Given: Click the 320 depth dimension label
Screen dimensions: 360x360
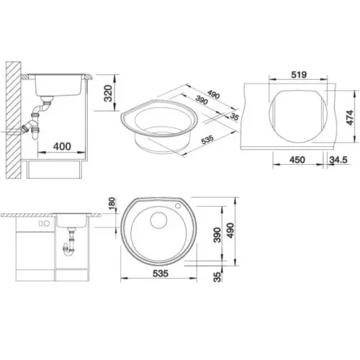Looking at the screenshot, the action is [x=109, y=94].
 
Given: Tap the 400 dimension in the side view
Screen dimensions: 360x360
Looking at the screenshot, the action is [x=62, y=146].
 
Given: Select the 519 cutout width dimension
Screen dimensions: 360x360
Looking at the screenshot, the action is [x=299, y=75].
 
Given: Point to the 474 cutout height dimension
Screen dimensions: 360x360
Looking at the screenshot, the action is [x=350, y=117].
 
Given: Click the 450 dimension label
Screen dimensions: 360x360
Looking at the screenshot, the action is [x=297, y=160].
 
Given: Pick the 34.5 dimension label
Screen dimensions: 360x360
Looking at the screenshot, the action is [x=338, y=160].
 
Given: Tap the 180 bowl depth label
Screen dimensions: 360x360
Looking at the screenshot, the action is [x=112, y=204].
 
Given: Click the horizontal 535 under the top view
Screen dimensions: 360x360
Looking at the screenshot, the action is [x=161, y=274].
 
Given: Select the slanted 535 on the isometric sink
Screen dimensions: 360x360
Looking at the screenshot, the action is [x=207, y=140].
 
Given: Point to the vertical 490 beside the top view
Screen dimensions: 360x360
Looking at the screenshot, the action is [x=230, y=230].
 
